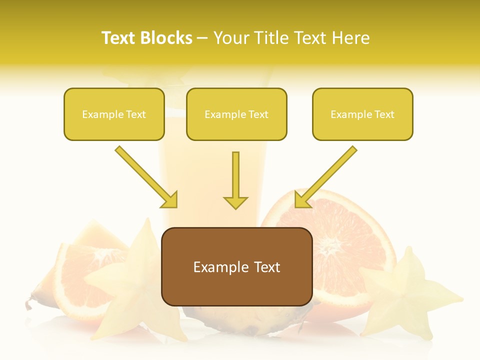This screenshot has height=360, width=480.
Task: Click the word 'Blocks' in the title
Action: coord(167,38)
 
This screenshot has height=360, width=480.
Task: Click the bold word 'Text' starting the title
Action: coord(120,38)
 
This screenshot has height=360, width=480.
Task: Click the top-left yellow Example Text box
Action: coord(114,114)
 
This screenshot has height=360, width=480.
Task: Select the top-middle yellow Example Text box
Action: coord(236,114)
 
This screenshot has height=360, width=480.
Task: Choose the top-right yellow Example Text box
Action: coord(362,114)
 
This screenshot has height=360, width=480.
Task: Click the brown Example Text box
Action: coord(236,267)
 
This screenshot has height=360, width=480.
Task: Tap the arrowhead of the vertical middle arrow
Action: coord(235,202)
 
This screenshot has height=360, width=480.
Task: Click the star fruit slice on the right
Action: coord(405,295)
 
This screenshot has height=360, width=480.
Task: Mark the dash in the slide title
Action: coord(202,38)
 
